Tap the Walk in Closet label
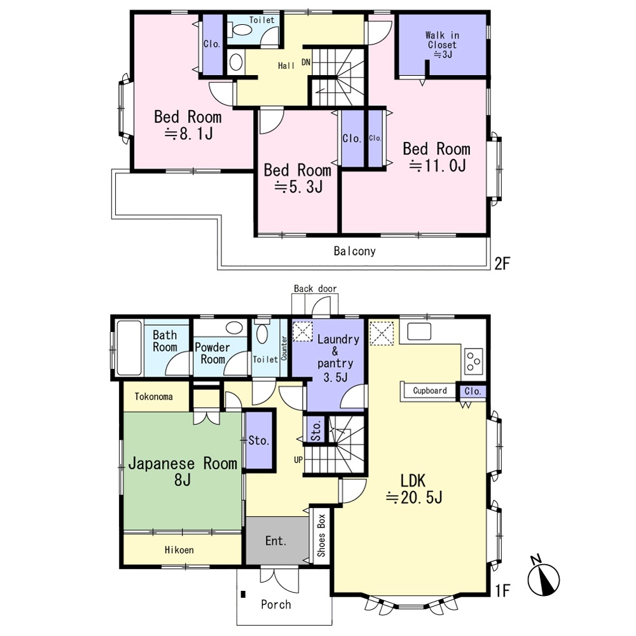[442, 45]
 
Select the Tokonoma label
[154, 397]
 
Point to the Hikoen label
[179, 550]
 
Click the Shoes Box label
[321, 536]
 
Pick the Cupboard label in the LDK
[429, 391]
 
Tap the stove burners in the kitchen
[473, 361]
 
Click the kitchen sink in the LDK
[419, 331]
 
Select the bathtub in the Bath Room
[128, 348]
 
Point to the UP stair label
[298, 460]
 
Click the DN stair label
[306, 62]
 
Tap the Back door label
[315, 289]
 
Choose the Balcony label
[354, 251]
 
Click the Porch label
[276, 604]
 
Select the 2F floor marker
[502, 264]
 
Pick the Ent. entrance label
[276, 541]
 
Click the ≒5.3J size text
[298, 186]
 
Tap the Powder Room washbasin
[234, 328]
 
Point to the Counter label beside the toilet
[284, 348]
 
